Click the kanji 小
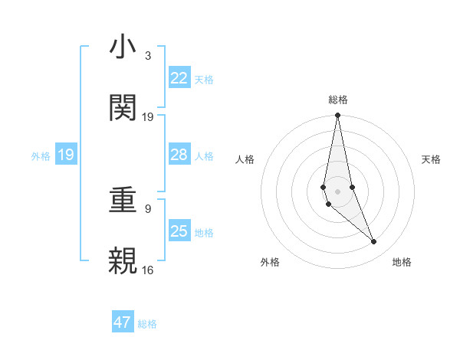(123, 47)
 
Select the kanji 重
(123, 201)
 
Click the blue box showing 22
(179, 78)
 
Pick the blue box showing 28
(179, 155)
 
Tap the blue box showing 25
(179, 231)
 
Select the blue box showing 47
(123, 322)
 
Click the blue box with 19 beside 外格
(65, 155)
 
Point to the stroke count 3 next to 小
(148, 56)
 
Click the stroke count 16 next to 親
(148, 269)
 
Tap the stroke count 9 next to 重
(148, 208)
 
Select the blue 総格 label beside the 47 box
(147, 324)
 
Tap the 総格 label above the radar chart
(338, 100)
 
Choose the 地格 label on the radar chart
(402, 262)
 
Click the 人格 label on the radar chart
(245, 159)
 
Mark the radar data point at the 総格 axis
(337, 116)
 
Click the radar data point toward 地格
(374, 242)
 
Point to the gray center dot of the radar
(337, 191)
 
